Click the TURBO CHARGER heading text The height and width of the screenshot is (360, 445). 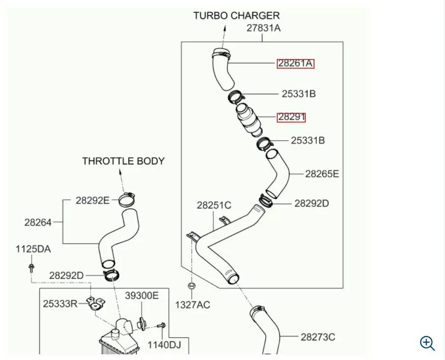(236, 15)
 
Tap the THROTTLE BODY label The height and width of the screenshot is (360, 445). (123, 161)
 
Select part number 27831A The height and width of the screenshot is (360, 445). (264, 28)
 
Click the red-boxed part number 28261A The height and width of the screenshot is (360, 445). (295, 64)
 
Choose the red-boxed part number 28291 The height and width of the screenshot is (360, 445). (291, 117)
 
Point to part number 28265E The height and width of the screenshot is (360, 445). (322, 174)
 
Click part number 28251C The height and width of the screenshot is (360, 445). (214, 205)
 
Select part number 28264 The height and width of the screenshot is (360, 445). (38, 222)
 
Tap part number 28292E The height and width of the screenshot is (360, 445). (92, 200)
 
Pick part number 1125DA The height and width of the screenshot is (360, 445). (33, 249)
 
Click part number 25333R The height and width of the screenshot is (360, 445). (60, 303)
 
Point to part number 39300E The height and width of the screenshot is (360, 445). (141, 295)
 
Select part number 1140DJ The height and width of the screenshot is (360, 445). (165, 344)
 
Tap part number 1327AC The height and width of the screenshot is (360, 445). (192, 305)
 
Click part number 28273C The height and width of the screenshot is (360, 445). (318, 337)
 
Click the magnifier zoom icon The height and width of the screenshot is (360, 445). (427, 343)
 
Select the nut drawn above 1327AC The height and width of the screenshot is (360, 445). (192, 286)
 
